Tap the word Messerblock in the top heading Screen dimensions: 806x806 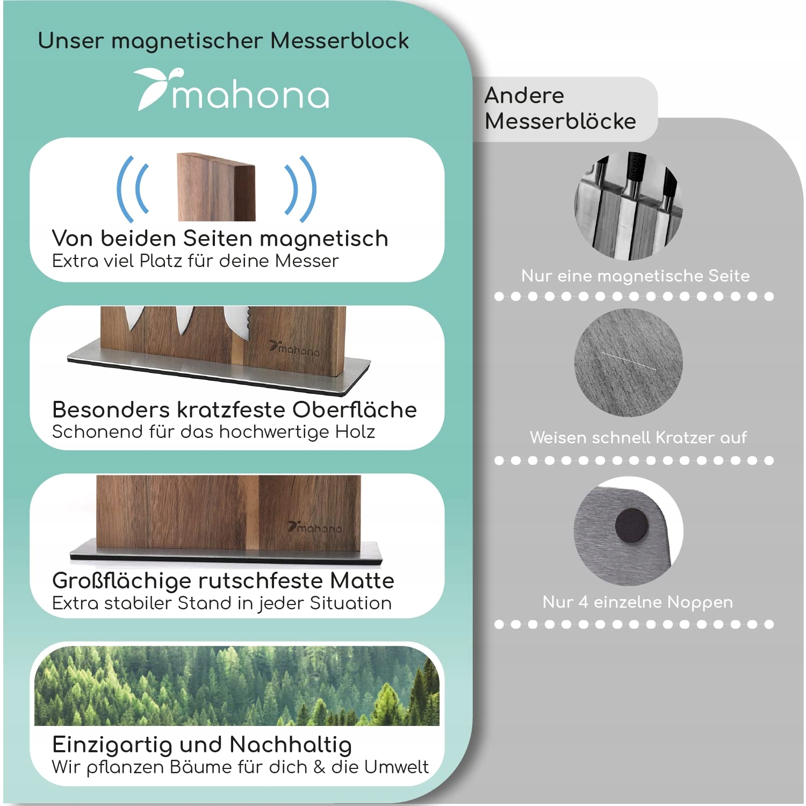[339, 41]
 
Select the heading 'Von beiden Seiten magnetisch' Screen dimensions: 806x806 [220, 238]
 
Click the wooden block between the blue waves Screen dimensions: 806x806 [216, 187]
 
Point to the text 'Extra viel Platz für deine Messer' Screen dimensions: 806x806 [195, 261]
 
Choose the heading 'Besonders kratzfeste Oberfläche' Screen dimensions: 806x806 [234, 409]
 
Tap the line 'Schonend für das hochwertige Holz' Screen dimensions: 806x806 [213, 432]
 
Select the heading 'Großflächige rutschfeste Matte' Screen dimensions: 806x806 [223, 580]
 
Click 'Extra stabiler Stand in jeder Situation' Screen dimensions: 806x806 [221, 603]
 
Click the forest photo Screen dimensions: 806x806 [236, 685]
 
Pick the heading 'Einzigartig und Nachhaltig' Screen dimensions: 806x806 [202, 745]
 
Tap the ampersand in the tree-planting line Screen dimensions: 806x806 [319, 767]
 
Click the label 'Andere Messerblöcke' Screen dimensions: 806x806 [560, 109]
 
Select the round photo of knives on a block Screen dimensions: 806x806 [628, 206]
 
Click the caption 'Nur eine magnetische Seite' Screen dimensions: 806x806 [635, 276]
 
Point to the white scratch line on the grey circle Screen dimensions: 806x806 [629, 361]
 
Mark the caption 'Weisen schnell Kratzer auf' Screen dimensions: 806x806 [638, 438]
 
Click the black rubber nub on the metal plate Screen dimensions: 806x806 [631, 526]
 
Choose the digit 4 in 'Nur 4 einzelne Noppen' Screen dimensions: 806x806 [583, 602]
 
